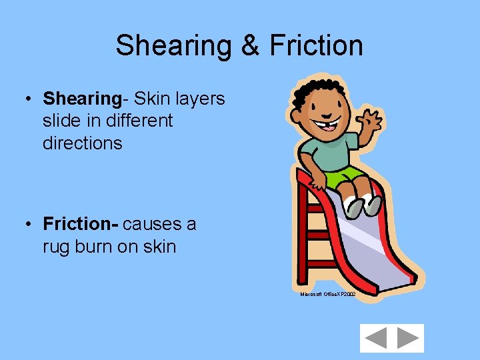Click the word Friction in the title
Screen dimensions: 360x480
point(316,46)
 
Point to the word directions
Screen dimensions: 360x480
point(83,143)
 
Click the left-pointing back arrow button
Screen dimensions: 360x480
point(377,339)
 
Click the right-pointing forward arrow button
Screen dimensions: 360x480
point(407,339)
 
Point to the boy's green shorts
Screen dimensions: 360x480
point(343,176)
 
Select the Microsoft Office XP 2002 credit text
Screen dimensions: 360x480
point(327,294)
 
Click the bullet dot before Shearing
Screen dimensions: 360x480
point(31,99)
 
